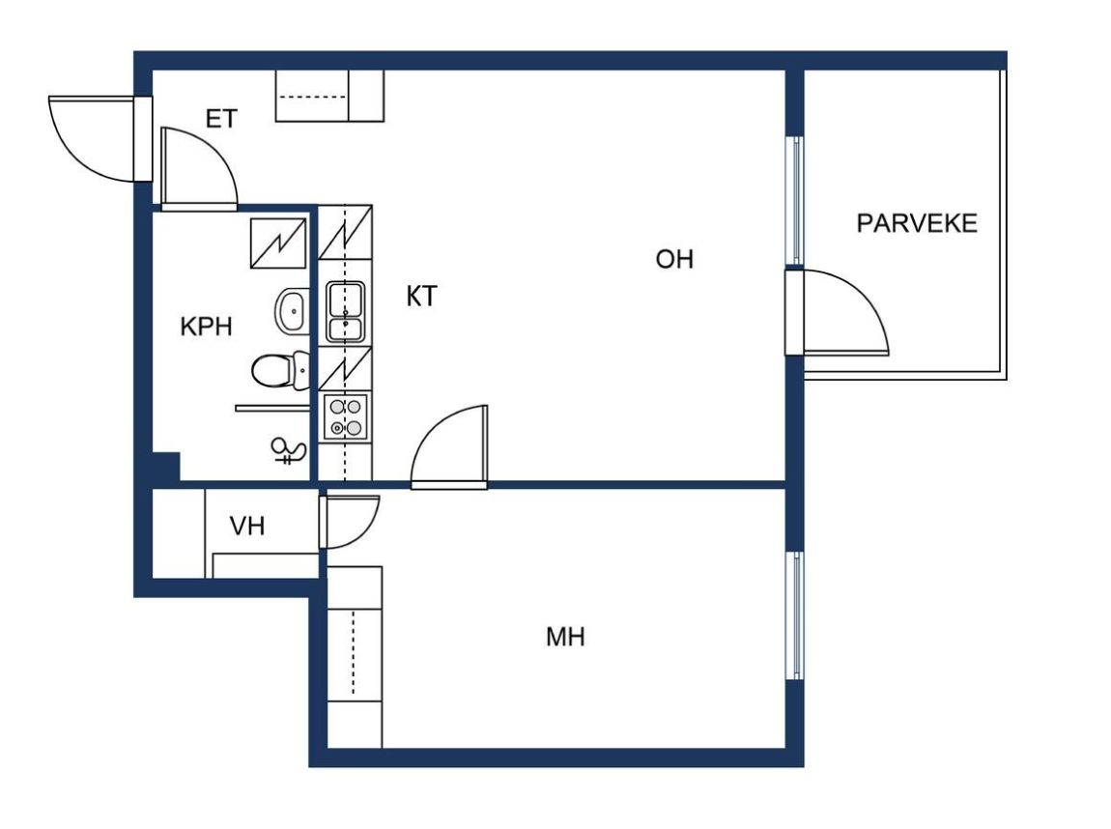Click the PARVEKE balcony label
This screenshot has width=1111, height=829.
click(x=916, y=223)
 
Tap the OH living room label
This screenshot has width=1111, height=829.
click(x=673, y=259)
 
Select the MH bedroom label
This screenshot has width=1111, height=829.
click(x=565, y=637)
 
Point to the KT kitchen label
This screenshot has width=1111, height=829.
click(x=421, y=297)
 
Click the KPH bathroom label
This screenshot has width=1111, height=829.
click(x=206, y=326)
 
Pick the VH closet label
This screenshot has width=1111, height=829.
click(x=247, y=526)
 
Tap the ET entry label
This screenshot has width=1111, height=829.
click(x=221, y=118)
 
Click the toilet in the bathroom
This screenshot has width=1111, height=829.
click(x=280, y=371)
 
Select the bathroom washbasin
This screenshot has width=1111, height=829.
click(x=292, y=310)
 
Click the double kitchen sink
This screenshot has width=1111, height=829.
click(x=345, y=312)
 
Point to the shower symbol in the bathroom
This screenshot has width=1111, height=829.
click(x=289, y=450)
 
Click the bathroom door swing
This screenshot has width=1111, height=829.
click(x=199, y=169)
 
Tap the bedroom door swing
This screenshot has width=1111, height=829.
click(x=449, y=446)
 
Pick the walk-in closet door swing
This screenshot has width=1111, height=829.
click(x=349, y=522)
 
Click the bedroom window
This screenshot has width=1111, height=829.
click(x=795, y=615)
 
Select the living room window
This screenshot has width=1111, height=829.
click(x=795, y=201)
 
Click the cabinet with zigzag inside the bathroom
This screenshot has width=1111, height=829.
click(x=278, y=243)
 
